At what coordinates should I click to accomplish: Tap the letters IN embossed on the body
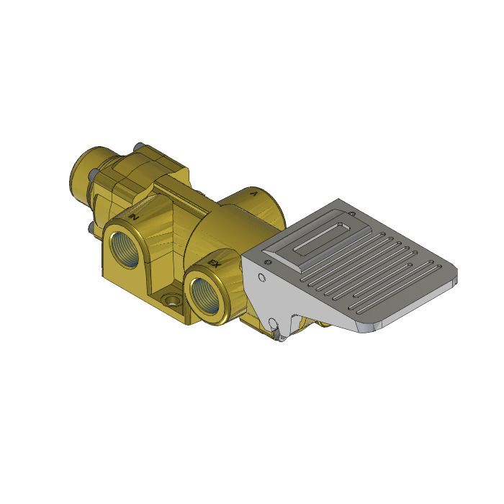134,215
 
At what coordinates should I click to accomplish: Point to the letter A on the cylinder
252,193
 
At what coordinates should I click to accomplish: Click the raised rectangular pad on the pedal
317,238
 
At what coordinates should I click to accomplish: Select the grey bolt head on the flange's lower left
89,228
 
